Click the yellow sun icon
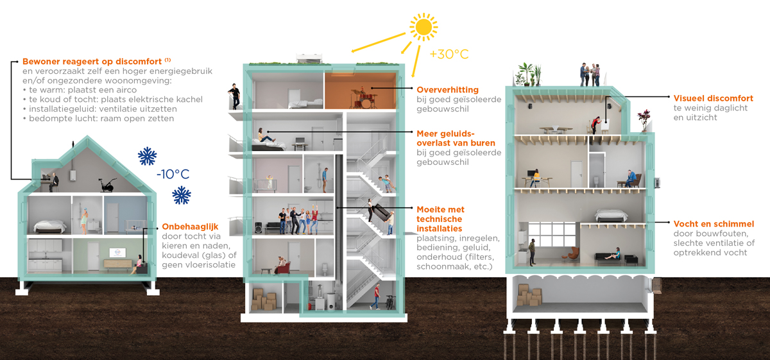coord(424,27)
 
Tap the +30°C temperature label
coord(449,54)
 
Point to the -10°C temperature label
coord(173,174)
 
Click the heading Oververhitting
coord(448,90)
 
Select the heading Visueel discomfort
coord(714,98)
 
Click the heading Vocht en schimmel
coord(714,224)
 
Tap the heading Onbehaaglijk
coord(190,227)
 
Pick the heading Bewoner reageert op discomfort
coord(92,62)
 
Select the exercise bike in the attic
coord(107,185)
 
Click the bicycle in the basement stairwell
coord(390,302)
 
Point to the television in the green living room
coord(117,252)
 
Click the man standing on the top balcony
coord(234,96)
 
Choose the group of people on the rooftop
coord(590,74)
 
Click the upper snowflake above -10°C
coord(147,157)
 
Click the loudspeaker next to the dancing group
coord(259,228)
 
